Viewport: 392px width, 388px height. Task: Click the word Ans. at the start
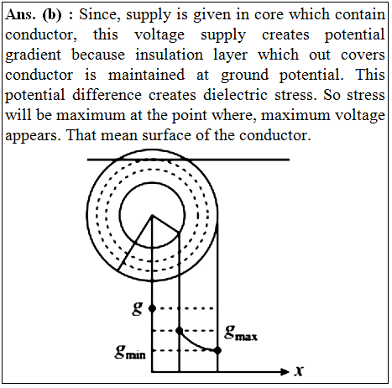click(x=20, y=14)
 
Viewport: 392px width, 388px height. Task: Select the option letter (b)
click(x=52, y=15)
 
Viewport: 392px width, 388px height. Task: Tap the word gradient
click(x=33, y=55)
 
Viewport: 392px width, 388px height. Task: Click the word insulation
click(x=170, y=55)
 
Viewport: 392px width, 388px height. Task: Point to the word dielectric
click(x=235, y=95)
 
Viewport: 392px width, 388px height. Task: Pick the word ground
click(x=245, y=76)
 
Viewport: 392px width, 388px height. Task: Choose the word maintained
click(x=146, y=75)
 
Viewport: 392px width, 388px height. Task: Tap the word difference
click(x=107, y=95)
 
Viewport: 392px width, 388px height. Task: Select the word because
click(x=98, y=55)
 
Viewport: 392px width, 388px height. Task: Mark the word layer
click(x=230, y=55)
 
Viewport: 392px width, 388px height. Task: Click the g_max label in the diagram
click(x=241, y=333)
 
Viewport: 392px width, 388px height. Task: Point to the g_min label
click(x=130, y=352)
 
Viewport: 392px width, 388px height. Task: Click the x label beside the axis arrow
click(x=299, y=371)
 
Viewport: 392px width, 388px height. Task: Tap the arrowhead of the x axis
click(x=285, y=372)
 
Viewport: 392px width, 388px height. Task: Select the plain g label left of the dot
click(x=138, y=309)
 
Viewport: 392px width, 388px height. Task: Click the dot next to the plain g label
click(x=152, y=308)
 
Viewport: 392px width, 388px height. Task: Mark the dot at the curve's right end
click(x=217, y=350)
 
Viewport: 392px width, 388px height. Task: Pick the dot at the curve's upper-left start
click(x=180, y=331)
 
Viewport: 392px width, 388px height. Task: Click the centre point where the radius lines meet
click(x=152, y=215)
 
